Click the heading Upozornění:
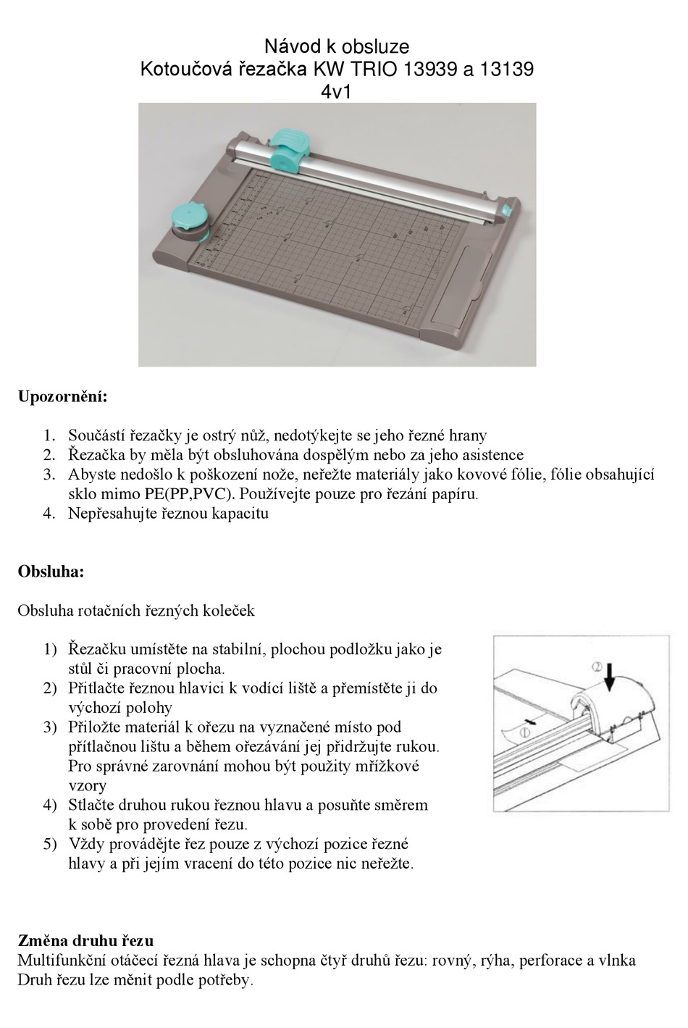pyautogui.click(x=62, y=397)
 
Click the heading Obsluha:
pyautogui.click(x=51, y=572)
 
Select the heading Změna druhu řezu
pyautogui.click(x=85, y=941)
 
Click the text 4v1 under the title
pyautogui.click(x=336, y=92)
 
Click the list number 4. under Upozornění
pyautogui.click(x=49, y=514)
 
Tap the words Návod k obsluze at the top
pyautogui.click(x=336, y=47)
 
